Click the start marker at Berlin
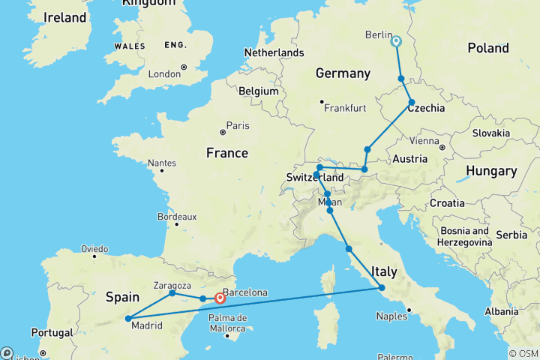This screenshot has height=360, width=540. [396, 42]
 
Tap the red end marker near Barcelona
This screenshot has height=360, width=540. [220, 298]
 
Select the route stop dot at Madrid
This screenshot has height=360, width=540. [128, 319]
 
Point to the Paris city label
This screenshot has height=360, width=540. [238, 125]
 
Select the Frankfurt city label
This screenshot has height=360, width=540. [345, 108]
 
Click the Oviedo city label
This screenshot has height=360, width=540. [95, 249]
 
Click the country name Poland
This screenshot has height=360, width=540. [487, 48]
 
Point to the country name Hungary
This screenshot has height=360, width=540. [491, 171]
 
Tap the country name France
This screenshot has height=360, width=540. [226, 153]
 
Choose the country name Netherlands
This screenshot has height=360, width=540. [274, 52]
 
